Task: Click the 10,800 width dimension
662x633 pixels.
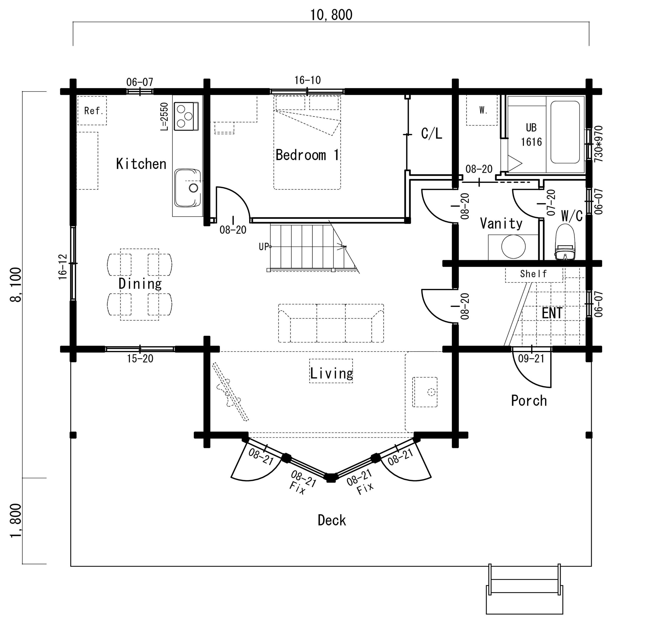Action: tap(331, 15)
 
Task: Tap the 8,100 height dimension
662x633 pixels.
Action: tap(16, 285)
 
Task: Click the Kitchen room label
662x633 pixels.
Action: tap(141, 164)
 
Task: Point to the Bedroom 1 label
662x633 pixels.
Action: tap(307, 155)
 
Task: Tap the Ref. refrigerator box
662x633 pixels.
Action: tap(92, 111)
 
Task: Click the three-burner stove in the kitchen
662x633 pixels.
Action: tap(186, 116)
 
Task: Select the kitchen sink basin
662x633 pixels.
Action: tap(187, 188)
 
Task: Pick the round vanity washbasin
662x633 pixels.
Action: tap(513, 247)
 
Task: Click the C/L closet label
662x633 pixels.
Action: tap(431, 134)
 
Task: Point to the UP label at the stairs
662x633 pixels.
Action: tap(264, 247)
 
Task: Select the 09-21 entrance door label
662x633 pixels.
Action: tap(531, 358)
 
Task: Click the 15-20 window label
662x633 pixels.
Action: tap(140, 359)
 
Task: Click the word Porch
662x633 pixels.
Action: tap(529, 401)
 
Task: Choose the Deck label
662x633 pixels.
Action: tap(332, 520)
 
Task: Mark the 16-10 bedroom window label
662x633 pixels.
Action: tap(307, 80)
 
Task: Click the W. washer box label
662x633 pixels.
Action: tap(483, 110)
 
